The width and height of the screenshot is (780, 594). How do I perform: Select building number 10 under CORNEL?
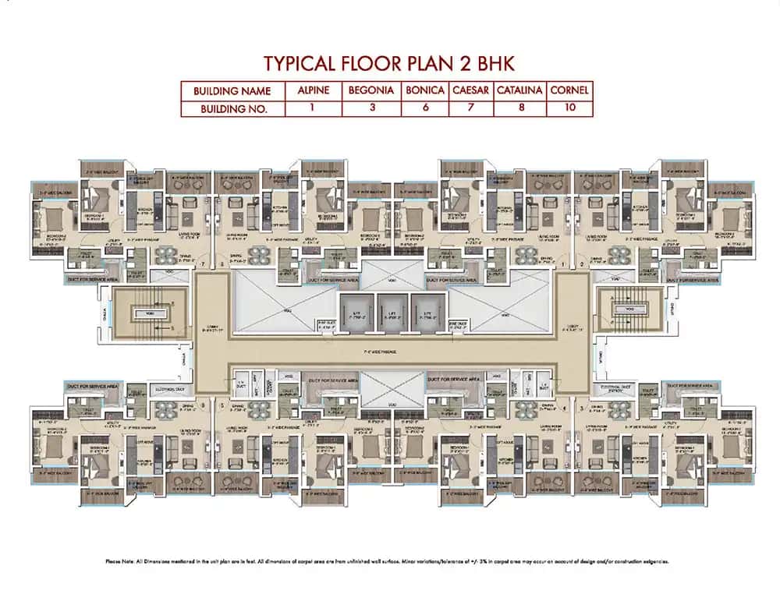569,108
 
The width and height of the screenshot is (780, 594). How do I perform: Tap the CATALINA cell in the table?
519,90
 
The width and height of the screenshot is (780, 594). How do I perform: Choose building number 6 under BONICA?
425,108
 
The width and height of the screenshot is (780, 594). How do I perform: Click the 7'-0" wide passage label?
389,353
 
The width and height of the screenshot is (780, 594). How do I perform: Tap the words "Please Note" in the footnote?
122,561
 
